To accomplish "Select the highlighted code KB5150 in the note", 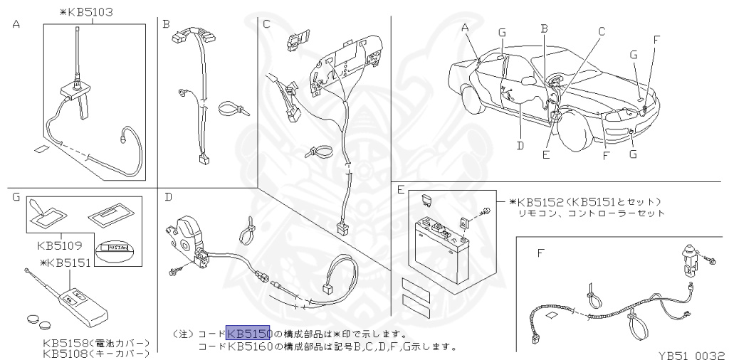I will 248,333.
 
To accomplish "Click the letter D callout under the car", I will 520,147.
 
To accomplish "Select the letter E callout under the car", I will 545,154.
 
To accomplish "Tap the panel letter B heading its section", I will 166,24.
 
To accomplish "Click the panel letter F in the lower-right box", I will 541,252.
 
